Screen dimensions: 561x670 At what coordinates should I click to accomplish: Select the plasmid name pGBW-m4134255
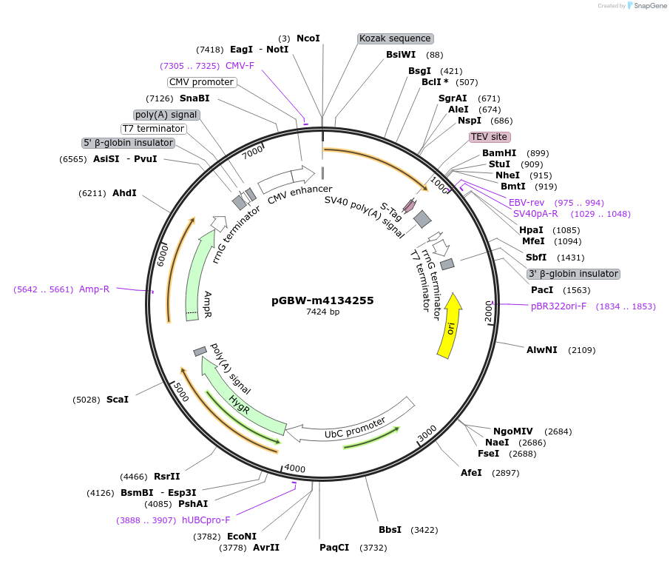322,300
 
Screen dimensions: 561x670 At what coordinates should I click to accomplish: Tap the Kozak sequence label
395,38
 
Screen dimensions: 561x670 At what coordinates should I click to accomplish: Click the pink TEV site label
490,137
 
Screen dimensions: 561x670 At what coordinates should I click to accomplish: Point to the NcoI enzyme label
308,38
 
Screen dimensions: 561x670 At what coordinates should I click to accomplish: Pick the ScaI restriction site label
118,400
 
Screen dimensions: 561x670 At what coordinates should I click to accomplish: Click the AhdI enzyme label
124,193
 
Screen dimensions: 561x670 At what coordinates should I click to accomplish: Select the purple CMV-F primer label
240,66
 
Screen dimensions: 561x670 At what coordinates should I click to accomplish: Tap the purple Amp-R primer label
94,289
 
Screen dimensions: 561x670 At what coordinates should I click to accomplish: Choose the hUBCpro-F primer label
206,520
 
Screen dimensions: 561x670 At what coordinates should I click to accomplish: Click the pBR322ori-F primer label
558,306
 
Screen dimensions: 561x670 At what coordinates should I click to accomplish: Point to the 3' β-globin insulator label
573,274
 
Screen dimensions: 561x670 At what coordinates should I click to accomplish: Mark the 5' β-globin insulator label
128,143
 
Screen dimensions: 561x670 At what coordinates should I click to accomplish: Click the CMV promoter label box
201,82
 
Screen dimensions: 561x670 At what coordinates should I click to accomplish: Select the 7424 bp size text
322,312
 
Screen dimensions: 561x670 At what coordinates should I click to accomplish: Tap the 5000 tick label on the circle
180,392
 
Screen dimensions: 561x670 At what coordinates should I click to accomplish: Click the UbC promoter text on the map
355,428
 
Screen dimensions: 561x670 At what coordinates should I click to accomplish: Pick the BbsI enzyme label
390,530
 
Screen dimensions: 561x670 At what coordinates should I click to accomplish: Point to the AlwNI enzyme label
541,350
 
